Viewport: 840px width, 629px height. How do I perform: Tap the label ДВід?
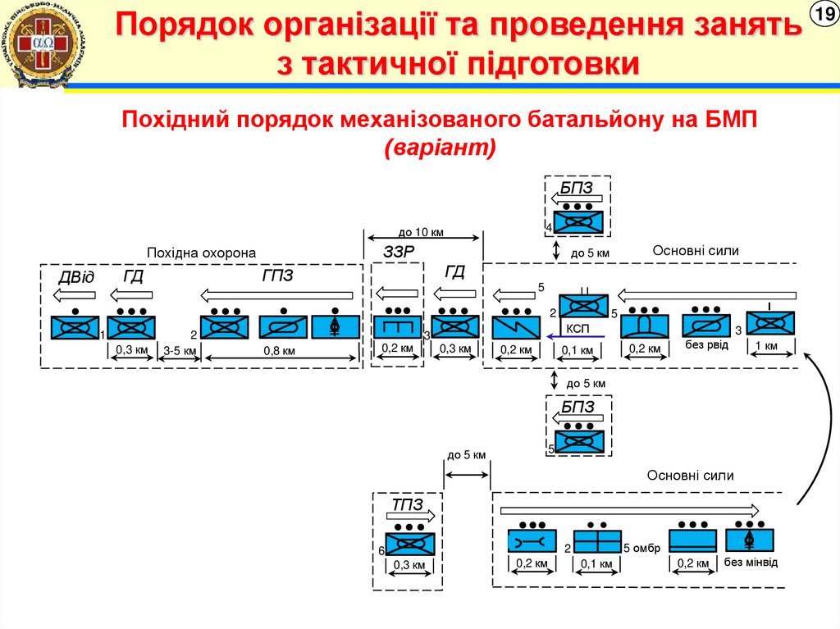click(x=75, y=277)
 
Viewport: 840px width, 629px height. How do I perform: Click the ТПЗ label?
click(x=407, y=505)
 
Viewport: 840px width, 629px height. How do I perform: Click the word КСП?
click(x=578, y=327)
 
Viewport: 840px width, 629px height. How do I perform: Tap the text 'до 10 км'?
click(x=421, y=232)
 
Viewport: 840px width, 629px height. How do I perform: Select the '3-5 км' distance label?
click(x=180, y=351)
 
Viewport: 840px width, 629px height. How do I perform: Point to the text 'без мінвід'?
click(x=751, y=563)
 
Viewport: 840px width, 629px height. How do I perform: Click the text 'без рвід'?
click(x=706, y=344)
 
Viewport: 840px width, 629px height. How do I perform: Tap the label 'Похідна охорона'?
click(x=202, y=253)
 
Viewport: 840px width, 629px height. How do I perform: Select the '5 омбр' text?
click(x=641, y=547)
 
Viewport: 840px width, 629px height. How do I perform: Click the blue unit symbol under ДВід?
click(x=75, y=327)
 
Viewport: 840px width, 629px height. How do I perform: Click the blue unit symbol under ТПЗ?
click(x=409, y=545)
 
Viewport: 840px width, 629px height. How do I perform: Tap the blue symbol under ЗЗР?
click(x=398, y=326)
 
